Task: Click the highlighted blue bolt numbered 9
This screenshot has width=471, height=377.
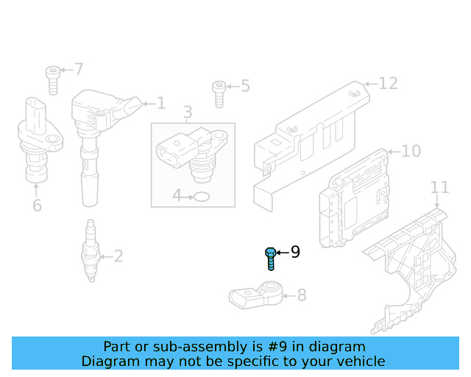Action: pos(270,258)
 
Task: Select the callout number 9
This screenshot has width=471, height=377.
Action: pos(295,253)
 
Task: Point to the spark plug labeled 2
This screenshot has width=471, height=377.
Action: pos(91,251)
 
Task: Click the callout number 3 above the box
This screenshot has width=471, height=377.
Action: pos(188,113)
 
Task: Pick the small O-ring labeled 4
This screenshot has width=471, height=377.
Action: pos(201,197)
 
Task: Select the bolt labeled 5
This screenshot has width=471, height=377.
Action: pos(219,94)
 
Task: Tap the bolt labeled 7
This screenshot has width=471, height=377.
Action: pos(52,79)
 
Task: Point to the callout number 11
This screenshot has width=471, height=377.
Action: pos(439,187)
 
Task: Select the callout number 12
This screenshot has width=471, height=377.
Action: pos(388,83)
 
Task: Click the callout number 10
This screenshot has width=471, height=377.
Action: pos(411,151)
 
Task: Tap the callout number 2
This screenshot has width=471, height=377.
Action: pos(118,256)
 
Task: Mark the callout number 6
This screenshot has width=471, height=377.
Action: pos(37,205)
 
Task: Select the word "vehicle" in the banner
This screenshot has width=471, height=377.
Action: pos(359,361)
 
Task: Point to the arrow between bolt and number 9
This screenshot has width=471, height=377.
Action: pos(283,253)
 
